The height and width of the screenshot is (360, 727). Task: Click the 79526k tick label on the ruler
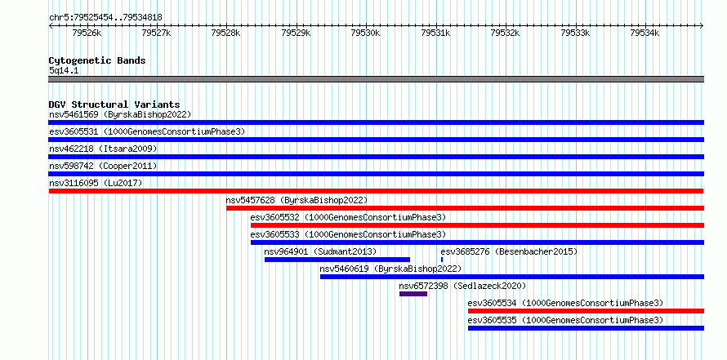(87, 33)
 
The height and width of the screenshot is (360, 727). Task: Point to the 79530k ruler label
(365, 33)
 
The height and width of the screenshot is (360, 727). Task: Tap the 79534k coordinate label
(644, 33)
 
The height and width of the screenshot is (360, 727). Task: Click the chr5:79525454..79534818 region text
(105, 18)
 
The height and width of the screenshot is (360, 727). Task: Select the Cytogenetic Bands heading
(97, 60)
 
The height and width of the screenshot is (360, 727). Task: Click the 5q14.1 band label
(64, 70)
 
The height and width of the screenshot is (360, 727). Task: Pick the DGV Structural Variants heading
(114, 104)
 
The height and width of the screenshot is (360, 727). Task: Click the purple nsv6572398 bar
(413, 294)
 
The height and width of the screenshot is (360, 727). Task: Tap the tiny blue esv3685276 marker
(442, 260)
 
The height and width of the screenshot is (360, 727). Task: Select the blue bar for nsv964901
(337, 260)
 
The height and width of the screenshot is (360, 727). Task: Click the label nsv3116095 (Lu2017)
(96, 183)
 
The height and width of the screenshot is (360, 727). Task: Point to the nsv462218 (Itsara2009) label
(104, 149)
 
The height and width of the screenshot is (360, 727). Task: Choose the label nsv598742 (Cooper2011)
(104, 166)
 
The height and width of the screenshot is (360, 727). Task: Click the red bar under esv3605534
(586, 311)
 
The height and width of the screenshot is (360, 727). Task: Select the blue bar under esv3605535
(586, 328)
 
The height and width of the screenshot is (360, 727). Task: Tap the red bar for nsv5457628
(465, 208)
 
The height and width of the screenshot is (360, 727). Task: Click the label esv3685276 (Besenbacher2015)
(509, 251)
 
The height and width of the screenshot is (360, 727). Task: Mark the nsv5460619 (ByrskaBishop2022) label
(390, 269)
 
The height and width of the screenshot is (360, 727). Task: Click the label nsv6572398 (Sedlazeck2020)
(462, 286)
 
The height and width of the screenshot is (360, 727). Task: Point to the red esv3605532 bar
(478, 225)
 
